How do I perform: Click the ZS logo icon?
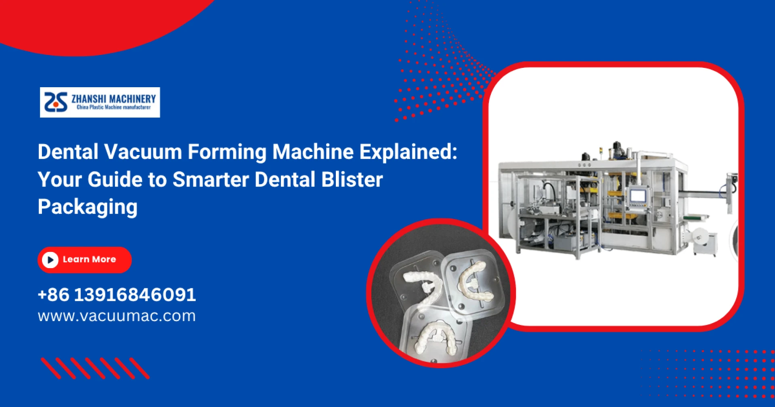tap(56, 102)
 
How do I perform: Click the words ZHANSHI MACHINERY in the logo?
tap(114, 99)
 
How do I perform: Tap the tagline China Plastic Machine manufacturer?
tap(114, 107)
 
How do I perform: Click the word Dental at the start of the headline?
tap(68, 152)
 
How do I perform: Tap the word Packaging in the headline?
tap(88, 208)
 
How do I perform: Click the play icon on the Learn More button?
tap(50, 260)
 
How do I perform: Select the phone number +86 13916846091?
tap(117, 295)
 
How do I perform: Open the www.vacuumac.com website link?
tap(117, 316)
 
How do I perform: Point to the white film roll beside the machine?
tap(700, 236)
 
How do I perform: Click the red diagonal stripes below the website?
tap(95, 368)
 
